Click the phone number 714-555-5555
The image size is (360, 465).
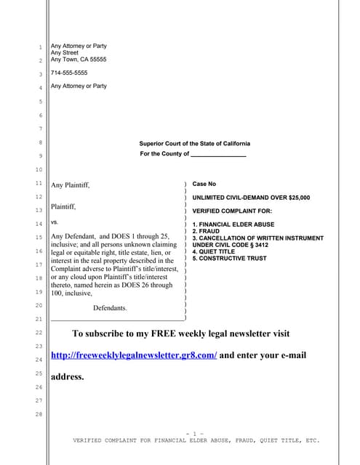click(x=69, y=73)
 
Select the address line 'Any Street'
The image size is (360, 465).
click(x=65, y=53)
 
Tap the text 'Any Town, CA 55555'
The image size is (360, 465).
click(x=79, y=60)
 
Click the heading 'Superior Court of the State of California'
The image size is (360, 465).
click(x=194, y=144)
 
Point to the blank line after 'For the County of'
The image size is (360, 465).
click(x=218, y=155)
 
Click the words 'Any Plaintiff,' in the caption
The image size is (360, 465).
click(x=71, y=186)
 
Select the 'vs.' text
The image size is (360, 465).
click(x=55, y=222)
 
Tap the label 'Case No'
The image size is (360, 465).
click(x=204, y=185)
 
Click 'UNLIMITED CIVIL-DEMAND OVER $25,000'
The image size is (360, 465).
click(x=251, y=198)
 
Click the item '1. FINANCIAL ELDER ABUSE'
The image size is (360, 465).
click(x=233, y=225)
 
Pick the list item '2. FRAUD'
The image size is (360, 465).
click(x=207, y=232)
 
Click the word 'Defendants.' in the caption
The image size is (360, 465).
click(x=110, y=308)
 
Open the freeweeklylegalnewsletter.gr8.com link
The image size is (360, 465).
click(x=134, y=355)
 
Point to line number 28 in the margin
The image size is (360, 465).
click(x=41, y=414)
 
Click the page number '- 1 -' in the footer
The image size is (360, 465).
click(x=194, y=434)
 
